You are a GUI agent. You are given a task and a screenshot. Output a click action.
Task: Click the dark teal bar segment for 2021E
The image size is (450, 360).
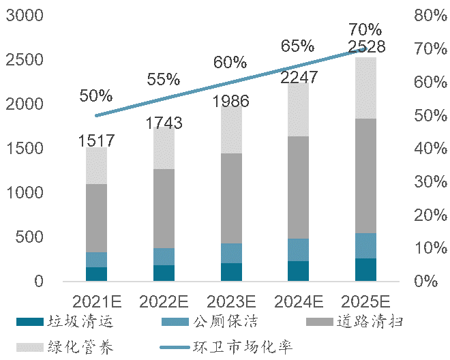(x=96, y=273)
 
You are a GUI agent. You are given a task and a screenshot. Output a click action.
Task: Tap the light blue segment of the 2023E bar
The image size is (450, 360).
(x=231, y=253)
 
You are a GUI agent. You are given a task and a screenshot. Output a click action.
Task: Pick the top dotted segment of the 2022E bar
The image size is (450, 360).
(x=164, y=147)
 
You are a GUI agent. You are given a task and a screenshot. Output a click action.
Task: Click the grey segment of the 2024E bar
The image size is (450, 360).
(x=299, y=187)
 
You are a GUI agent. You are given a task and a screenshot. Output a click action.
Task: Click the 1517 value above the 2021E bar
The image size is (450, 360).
(x=96, y=141)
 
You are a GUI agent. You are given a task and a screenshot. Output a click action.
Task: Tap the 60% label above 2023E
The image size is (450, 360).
(x=230, y=63)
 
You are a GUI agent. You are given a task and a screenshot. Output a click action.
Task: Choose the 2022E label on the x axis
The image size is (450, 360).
(x=164, y=301)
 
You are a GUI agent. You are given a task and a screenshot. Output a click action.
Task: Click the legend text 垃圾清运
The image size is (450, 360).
(x=85, y=321)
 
